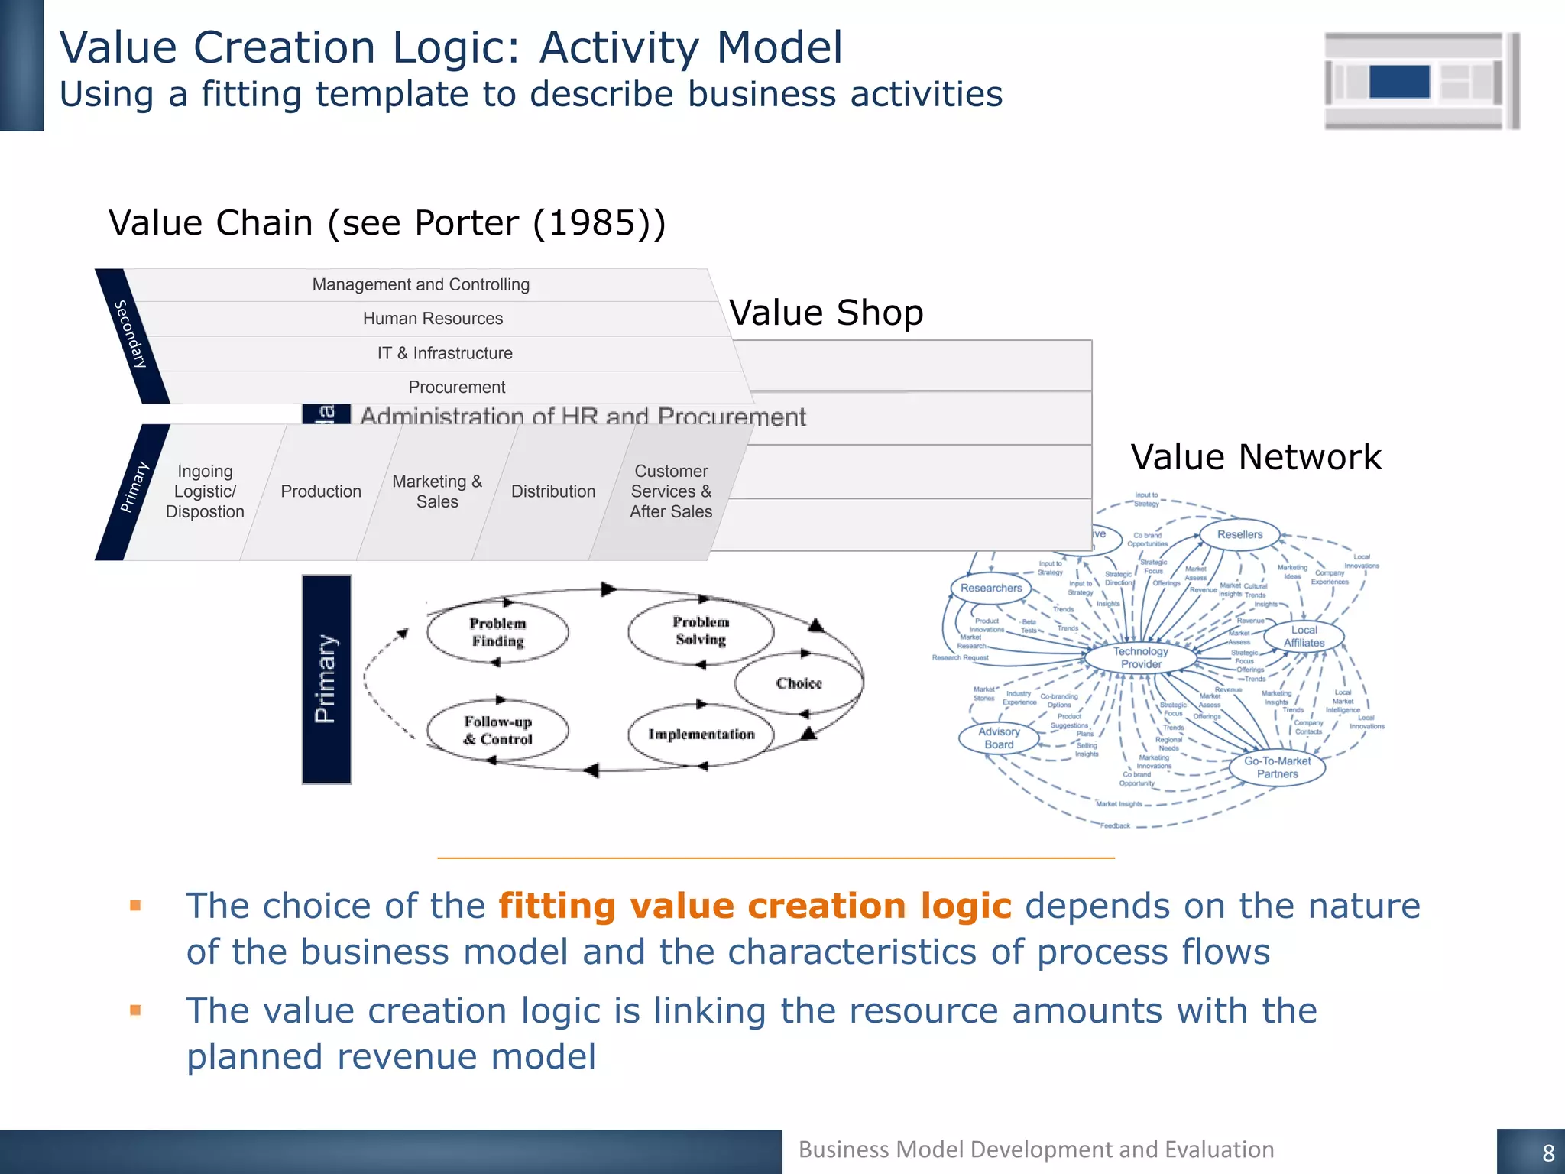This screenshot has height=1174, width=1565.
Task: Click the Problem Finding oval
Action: click(x=497, y=632)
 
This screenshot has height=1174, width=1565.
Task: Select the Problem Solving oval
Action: click(x=701, y=631)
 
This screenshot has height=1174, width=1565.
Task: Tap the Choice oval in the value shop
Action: click(x=799, y=683)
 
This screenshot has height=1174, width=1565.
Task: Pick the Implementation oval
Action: click(x=701, y=734)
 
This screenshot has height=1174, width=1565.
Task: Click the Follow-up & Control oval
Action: click(x=497, y=730)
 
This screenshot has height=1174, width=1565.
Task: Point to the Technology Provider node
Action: click(x=1140, y=657)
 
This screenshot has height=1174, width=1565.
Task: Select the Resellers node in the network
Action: click(x=1239, y=534)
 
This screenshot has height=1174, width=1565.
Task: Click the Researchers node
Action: click(x=991, y=588)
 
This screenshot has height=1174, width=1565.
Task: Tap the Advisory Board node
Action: click(x=999, y=738)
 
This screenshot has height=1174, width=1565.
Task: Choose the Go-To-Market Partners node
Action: click(x=1277, y=767)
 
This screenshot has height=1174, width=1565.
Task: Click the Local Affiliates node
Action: click(x=1304, y=636)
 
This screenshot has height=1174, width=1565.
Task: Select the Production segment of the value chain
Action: click(x=321, y=491)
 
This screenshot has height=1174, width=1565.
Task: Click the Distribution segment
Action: click(x=553, y=491)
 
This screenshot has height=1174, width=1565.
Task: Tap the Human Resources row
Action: click(x=433, y=319)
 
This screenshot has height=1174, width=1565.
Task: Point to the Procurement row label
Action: click(x=456, y=388)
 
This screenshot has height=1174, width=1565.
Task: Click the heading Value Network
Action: click(x=1256, y=457)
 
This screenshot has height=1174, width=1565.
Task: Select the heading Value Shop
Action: click(x=826, y=313)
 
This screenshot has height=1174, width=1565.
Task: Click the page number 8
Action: click(x=1548, y=1153)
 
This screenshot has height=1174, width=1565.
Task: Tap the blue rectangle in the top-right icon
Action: click(x=1399, y=82)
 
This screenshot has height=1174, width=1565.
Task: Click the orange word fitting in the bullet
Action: click(x=557, y=906)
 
